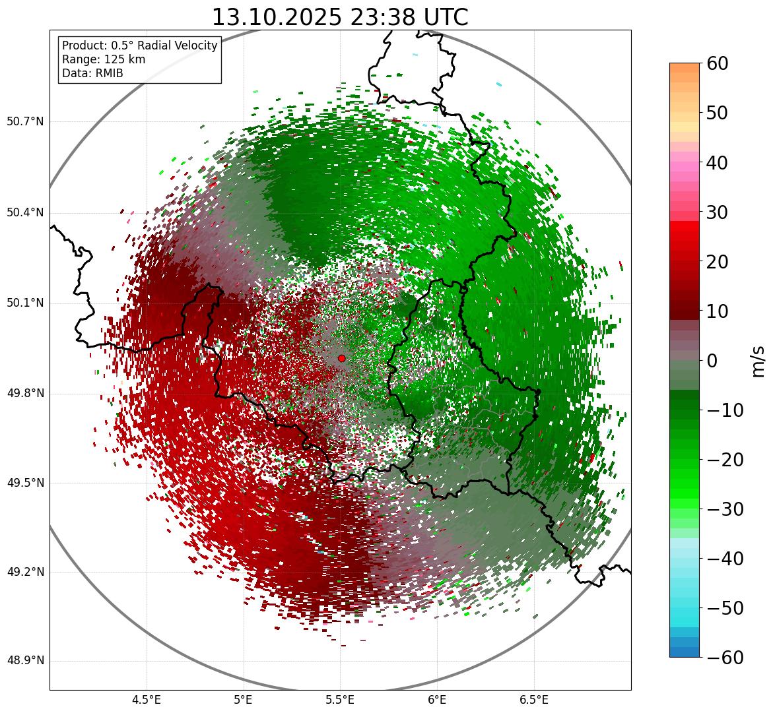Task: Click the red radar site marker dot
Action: [341, 358]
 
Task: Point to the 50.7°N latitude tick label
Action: [25, 122]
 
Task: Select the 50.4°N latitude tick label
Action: [25, 212]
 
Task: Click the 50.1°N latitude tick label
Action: [25, 303]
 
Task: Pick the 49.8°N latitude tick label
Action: [25, 394]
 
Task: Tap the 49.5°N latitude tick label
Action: [25, 483]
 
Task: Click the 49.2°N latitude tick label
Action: [25, 572]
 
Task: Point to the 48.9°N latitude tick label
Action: [25, 661]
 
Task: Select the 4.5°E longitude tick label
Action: [147, 700]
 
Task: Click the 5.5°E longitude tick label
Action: [340, 700]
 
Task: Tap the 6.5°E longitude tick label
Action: [533, 700]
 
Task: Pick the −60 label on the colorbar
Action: [724, 658]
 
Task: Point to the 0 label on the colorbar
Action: [712, 361]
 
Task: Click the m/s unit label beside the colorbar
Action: [758, 361]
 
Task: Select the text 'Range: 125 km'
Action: [104, 59]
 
